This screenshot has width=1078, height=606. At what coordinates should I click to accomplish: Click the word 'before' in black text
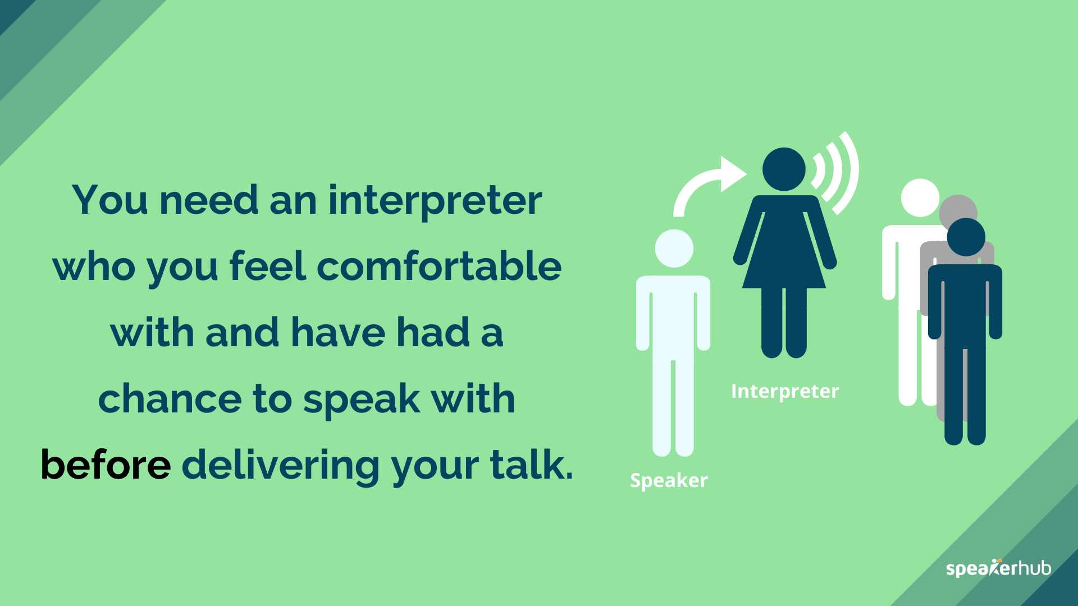[106, 465]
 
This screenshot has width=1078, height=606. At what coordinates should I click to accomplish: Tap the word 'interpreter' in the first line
[435, 201]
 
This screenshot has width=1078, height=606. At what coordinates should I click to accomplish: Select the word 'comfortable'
[439, 267]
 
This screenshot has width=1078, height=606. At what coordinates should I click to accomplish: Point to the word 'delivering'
[280, 466]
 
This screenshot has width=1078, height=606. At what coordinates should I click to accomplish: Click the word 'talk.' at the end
[531, 465]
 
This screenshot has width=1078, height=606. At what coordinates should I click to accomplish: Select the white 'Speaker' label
[668, 481]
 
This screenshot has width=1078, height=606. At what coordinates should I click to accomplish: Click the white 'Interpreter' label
[784, 391]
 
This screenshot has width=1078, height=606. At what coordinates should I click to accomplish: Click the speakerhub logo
[998, 568]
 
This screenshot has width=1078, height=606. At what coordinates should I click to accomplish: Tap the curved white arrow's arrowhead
[732, 174]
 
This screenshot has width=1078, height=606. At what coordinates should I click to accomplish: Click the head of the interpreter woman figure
[784, 169]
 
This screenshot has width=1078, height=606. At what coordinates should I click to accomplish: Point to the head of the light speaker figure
[674, 249]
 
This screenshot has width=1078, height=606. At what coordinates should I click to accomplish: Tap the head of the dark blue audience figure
[966, 237]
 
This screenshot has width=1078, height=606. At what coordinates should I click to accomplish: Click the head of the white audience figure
[919, 198]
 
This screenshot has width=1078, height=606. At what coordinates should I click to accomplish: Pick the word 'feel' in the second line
[267, 267]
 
